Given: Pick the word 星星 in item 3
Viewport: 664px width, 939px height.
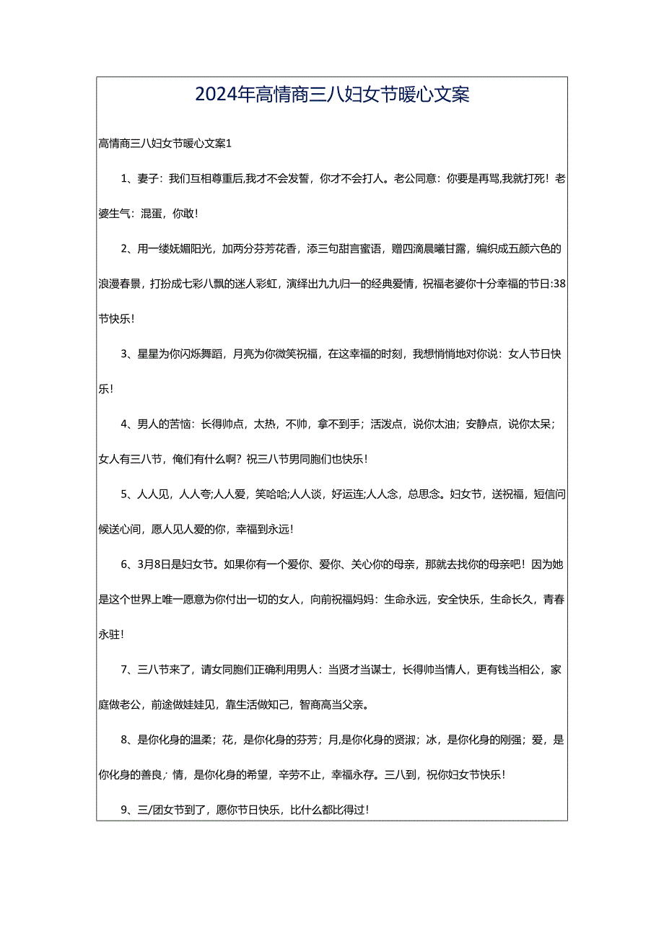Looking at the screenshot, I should click(x=147, y=354).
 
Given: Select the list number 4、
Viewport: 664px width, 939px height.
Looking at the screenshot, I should click(x=127, y=424).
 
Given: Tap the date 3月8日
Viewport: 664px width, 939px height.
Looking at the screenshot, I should click(x=152, y=564).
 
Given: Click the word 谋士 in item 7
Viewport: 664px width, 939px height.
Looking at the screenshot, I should click(x=380, y=669).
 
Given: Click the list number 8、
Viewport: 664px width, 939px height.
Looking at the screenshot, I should click(x=127, y=739).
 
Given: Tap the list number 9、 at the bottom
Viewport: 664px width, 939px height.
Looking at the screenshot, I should click(x=127, y=809).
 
